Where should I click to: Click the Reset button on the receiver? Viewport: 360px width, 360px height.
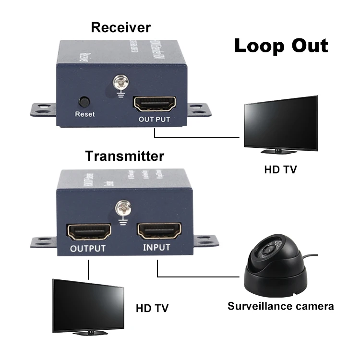point(84,102)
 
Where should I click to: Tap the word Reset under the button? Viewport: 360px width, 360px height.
point(85,114)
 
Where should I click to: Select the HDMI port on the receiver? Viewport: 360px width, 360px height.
point(154,103)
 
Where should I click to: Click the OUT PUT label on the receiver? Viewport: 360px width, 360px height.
point(154,119)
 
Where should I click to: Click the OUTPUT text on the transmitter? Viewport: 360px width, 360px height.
point(87,249)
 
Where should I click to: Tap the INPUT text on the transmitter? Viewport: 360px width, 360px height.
point(156,248)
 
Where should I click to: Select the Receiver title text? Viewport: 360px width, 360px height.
point(120,27)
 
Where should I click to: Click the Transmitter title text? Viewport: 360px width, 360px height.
point(124,156)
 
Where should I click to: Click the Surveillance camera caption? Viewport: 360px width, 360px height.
point(280,306)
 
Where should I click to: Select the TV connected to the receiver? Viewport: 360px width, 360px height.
point(280,124)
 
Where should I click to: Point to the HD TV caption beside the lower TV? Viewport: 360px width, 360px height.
point(152,307)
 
